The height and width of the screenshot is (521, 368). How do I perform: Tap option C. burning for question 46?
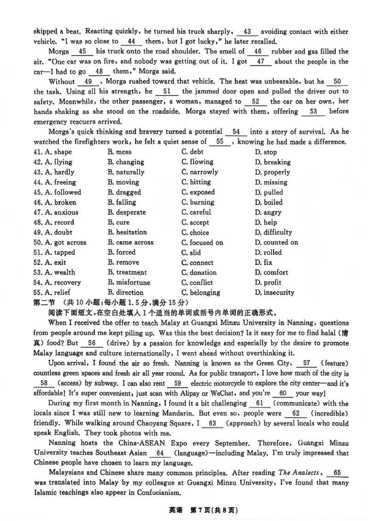tap(198, 202)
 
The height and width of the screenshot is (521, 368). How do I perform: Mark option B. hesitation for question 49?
tap(127, 233)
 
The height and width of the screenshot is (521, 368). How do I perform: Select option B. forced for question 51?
tap(121, 252)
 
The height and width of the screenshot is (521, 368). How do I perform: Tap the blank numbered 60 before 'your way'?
tap(283, 393)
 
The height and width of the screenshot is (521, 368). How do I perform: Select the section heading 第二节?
tap(44, 303)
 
